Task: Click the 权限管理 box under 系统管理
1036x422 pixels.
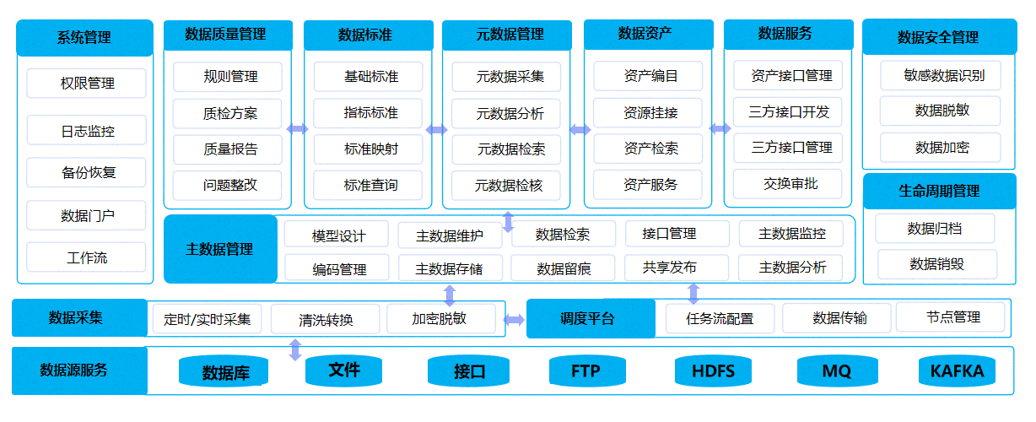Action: pos(86,84)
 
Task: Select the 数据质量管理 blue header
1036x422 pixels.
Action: pos(227,35)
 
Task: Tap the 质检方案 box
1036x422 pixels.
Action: pos(230,113)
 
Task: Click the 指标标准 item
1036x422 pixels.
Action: pos(370,112)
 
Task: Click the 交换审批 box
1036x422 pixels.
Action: pos(790,183)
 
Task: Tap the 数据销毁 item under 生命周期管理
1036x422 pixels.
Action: pos(936,264)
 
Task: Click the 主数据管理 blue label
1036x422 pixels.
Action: pos(219,249)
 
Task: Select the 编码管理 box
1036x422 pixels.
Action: pos(338,268)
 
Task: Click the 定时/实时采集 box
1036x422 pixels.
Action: pos(207,320)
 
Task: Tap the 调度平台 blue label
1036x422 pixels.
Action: pos(590,319)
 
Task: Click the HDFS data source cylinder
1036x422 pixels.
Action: pos(713,371)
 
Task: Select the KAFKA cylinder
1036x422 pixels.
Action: pos(956,371)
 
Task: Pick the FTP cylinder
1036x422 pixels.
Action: pos(585,371)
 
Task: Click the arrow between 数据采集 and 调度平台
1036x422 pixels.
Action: pos(514,320)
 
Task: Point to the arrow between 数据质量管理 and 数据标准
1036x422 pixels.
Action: pos(297,129)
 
